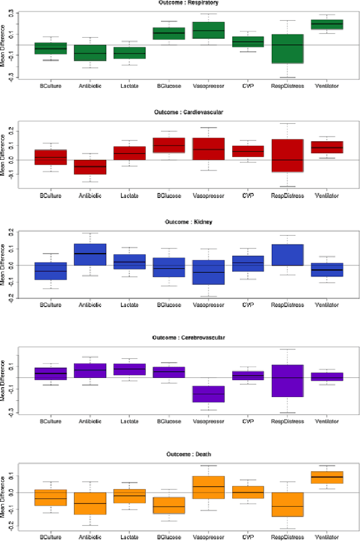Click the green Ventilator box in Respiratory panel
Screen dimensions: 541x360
coord(327,25)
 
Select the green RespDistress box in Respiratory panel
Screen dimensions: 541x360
coord(287,48)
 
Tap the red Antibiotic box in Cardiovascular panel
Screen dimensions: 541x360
coord(90,167)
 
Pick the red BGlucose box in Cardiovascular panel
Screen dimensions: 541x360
coord(169,145)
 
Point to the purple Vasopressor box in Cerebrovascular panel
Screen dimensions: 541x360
coord(209,394)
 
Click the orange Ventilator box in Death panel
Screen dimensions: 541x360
coord(327,477)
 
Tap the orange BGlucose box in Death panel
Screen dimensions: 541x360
coord(169,505)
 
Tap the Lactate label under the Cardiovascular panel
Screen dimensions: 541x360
coord(129,196)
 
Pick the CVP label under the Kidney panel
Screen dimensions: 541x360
coord(248,305)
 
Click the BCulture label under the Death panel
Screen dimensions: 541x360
coord(51,537)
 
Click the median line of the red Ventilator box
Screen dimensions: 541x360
coord(327,147)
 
